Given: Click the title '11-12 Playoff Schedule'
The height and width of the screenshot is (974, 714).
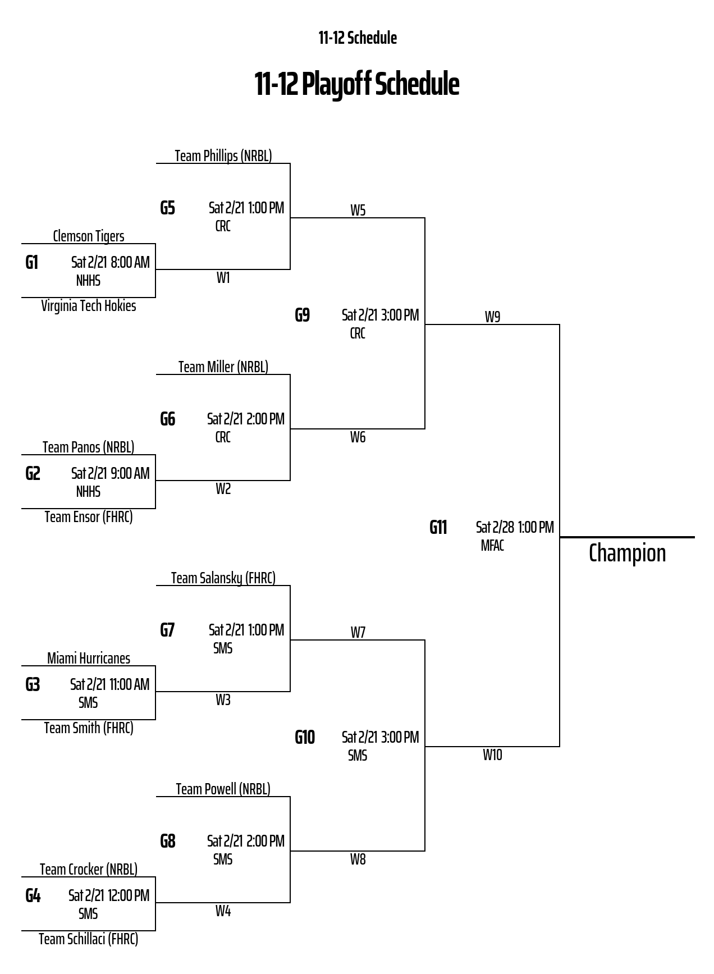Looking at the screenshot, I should click(x=357, y=84).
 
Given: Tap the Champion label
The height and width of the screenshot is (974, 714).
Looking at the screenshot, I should click(x=627, y=553).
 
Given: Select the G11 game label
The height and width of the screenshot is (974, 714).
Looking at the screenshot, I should click(x=438, y=528).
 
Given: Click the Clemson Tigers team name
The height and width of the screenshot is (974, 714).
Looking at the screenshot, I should click(x=89, y=236).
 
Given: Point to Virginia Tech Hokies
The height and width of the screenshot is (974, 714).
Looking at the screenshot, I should click(x=89, y=306).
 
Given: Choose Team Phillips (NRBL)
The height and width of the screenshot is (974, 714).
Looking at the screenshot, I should click(x=223, y=156).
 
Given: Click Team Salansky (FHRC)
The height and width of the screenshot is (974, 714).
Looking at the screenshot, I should click(x=223, y=578).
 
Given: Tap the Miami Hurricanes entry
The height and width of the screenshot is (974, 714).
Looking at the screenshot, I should click(x=89, y=659).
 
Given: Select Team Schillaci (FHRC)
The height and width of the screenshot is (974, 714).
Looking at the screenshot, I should click(x=89, y=939).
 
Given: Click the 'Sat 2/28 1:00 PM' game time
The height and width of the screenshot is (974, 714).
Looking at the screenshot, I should click(x=515, y=527).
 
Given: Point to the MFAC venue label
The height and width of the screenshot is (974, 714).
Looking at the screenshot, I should click(x=492, y=546).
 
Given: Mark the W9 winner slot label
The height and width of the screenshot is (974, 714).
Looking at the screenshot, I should click(x=492, y=317).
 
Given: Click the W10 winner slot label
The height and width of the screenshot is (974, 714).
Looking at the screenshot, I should click(x=492, y=755).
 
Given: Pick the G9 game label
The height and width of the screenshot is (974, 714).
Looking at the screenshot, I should click(x=303, y=315).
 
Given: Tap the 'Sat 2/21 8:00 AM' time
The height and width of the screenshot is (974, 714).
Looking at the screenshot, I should click(x=111, y=262).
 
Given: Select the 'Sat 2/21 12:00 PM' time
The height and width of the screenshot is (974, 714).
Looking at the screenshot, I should click(x=109, y=895).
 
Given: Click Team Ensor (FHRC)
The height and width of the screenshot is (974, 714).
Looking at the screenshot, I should click(x=89, y=517).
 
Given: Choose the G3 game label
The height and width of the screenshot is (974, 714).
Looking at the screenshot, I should click(x=33, y=685).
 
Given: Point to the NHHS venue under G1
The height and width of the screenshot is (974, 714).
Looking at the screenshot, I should click(x=88, y=281).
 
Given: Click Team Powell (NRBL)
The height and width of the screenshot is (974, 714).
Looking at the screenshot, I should click(x=223, y=789).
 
